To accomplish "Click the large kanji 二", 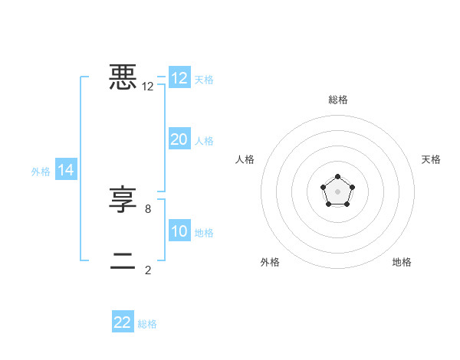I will pos(123,260).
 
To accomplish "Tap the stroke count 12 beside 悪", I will pos(148,87).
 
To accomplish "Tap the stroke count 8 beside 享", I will pos(148,208).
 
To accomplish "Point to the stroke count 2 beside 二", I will pos(148,270).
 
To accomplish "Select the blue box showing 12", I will pos(179,78).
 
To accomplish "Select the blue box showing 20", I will pos(179,139).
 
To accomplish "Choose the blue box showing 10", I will pos(179,231).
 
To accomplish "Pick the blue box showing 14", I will pos(66,170).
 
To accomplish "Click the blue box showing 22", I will pos(123,322).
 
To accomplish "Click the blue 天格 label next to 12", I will pos(204,79).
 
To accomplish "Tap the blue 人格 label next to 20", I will pos(204,140).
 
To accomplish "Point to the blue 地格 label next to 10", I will pos(204,232).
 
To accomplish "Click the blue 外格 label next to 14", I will pos(41,172).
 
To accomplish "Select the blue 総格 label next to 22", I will pos(147,324).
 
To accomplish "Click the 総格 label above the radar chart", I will pos(338,100).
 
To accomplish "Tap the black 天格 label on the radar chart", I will pos(431,159).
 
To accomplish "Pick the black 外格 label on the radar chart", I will pos(270,262).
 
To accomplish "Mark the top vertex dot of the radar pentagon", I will pos(337,177).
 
